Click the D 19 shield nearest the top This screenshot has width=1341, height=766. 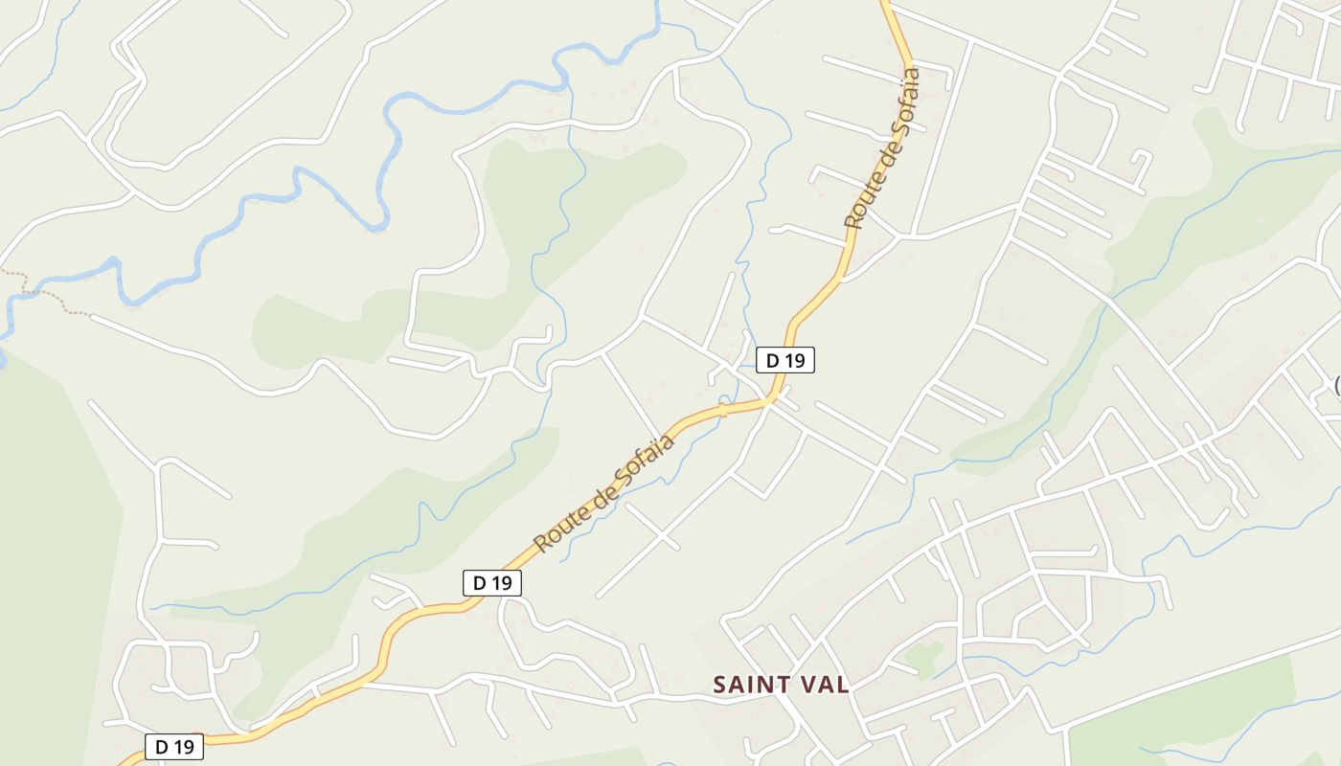click(785, 360)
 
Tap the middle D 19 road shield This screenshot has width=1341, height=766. click(492, 582)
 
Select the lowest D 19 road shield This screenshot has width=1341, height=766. click(174, 747)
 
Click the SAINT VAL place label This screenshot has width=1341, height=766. click(781, 685)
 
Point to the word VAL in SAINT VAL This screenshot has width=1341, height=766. click(823, 685)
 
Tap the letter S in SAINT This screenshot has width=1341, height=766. click(720, 685)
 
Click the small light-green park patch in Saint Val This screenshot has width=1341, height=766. click(922, 657)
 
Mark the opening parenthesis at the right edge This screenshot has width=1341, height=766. click(1337, 386)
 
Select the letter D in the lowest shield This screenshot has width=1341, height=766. click(163, 747)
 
